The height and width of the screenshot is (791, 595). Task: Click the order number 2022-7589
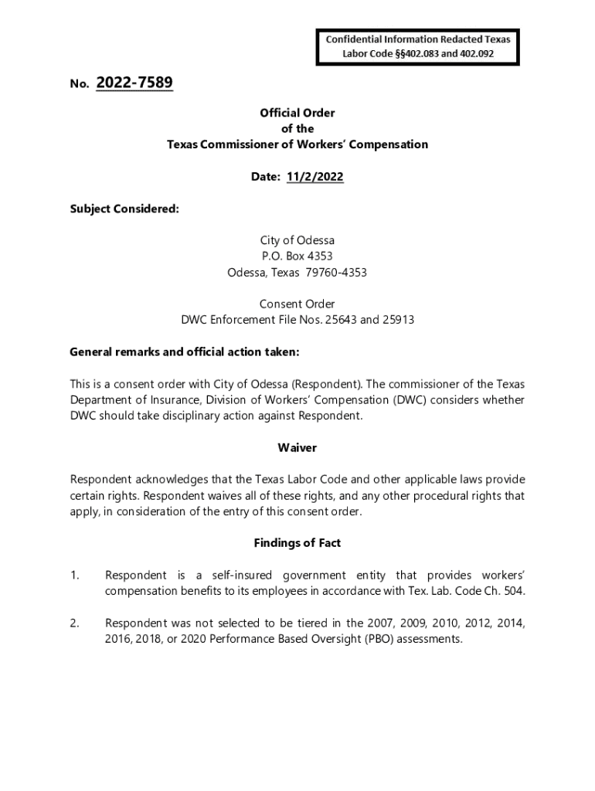134,83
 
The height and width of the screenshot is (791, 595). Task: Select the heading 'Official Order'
297,113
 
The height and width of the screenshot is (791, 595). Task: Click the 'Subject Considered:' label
124,209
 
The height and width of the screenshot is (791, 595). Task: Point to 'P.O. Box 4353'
297,256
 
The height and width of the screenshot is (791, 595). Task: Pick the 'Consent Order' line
297,304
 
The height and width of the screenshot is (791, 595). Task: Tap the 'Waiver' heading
297,448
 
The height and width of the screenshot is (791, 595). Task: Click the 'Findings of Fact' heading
297,543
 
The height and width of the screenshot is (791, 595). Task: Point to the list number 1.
74,575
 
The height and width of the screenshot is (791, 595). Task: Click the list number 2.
74,623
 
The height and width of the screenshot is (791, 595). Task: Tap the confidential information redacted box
417,46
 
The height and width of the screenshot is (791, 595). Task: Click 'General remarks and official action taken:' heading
185,352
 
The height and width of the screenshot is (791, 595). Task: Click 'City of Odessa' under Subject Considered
297,241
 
